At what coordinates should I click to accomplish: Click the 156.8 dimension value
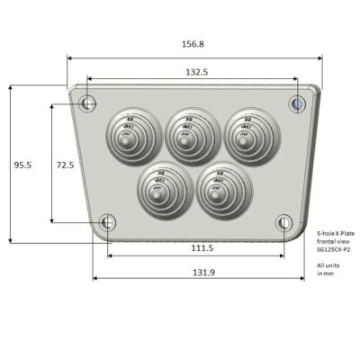pos(193,43)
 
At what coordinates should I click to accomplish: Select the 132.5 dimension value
pos(197,71)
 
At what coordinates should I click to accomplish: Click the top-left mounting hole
pos(87,103)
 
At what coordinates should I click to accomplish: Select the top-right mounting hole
pos(298,103)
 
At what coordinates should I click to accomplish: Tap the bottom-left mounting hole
pos(107,221)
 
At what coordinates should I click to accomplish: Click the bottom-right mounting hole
pos(283,221)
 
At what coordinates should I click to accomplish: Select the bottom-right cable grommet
pos(219,188)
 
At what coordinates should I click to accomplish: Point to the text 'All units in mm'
pos(328,269)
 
